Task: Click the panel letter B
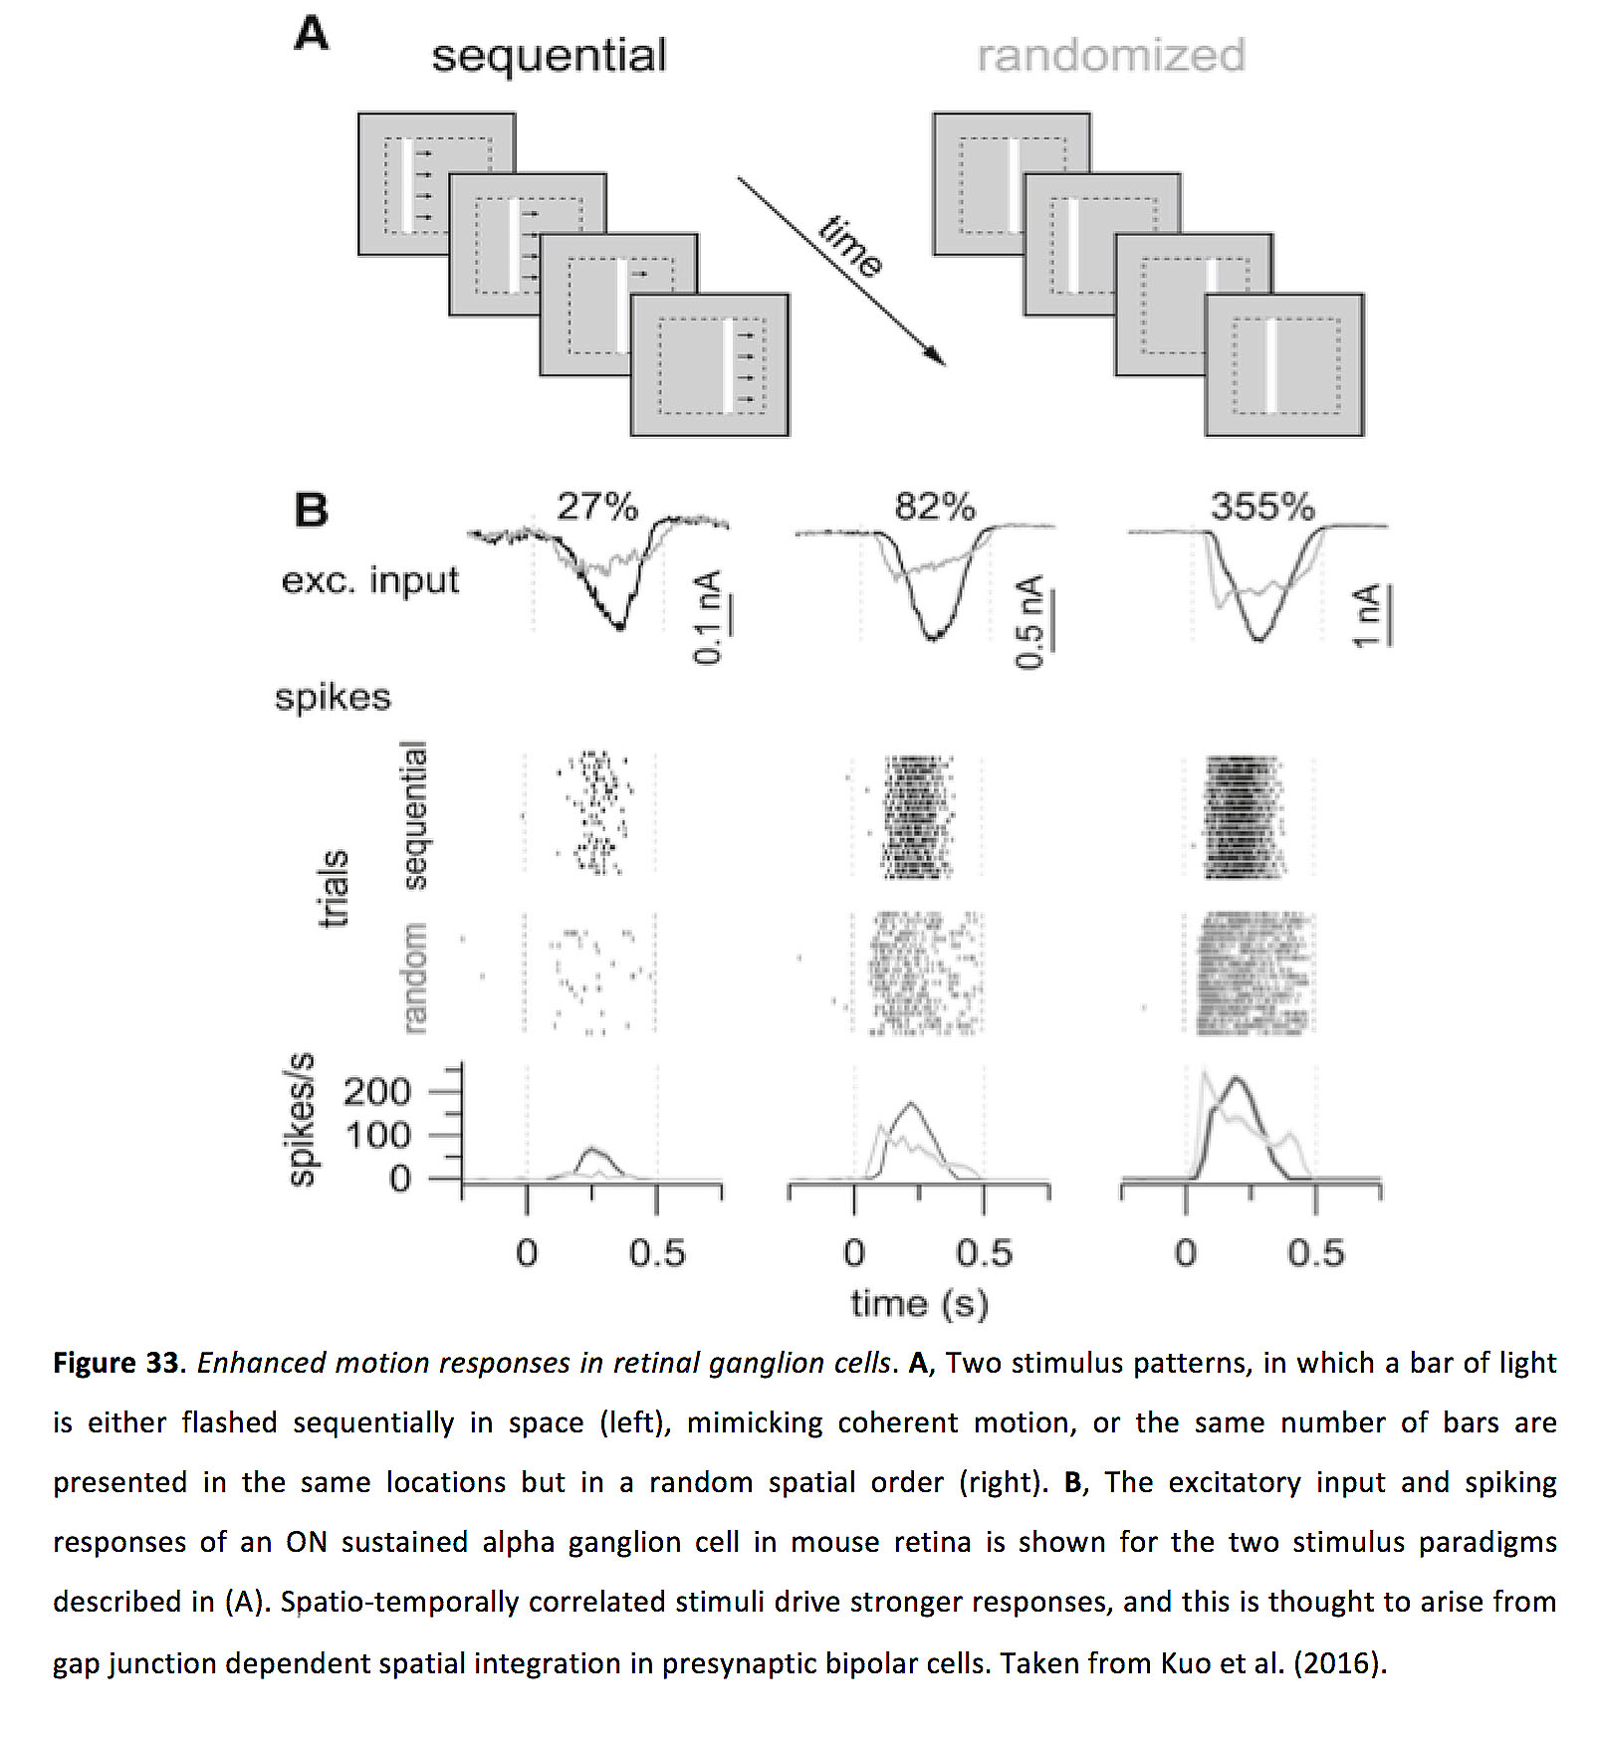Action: click(311, 510)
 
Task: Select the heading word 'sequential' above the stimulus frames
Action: click(549, 56)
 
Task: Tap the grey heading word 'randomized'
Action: click(1110, 56)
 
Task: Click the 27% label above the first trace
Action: click(596, 507)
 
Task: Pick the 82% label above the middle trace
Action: click(934, 507)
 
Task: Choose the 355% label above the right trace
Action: click(1262, 507)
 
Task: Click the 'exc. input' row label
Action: click(370, 580)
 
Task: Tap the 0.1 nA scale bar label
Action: click(707, 618)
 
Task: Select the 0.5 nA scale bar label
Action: click(1029, 622)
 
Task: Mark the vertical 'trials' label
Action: click(333, 888)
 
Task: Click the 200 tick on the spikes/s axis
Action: click(377, 1092)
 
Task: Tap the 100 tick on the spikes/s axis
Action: click(377, 1135)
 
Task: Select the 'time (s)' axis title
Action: click(919, 1304)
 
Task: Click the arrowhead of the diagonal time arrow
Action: click(937, 357)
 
